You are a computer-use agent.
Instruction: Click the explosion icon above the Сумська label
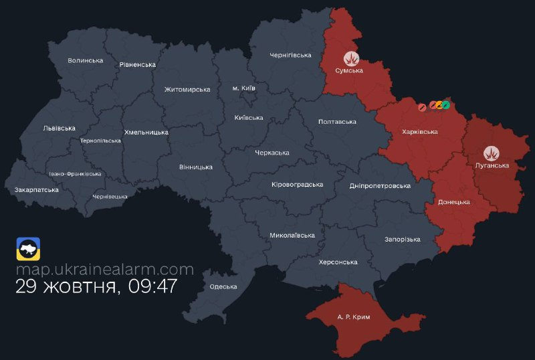[x=351, y=59]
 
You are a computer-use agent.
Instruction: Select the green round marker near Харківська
[x=446, y=104]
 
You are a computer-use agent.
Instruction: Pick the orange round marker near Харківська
[x=439, y=104]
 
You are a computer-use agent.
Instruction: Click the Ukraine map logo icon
[x=28, y=249]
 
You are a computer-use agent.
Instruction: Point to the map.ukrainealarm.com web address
[x=104, y=270]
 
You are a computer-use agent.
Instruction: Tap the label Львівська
[x=59, y=128]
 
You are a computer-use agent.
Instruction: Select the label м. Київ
[x=243, y=88]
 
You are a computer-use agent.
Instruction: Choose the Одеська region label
[x=223, y=287]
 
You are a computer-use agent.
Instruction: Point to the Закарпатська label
[x=37, y=190]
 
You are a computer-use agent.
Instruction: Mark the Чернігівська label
[x=291, y=55]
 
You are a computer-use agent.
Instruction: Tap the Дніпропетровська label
[x=380, y=185]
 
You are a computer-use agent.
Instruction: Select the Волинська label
[x=86, y=61]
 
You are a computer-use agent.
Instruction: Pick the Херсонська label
[x=338, y=262]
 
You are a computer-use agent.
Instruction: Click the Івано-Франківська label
[x=76, y=174]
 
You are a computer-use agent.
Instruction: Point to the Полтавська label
[x=337, y=122]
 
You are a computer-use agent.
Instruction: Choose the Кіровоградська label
[x=298, y=185]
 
